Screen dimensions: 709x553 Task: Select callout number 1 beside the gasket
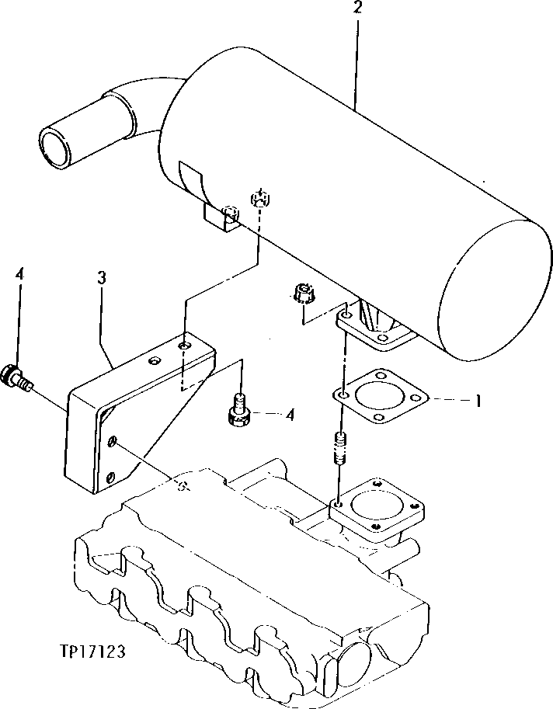(x=479, y=401)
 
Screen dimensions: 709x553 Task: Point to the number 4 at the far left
(x=19, y=274)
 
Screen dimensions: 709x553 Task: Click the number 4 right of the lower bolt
(x=290, y=415)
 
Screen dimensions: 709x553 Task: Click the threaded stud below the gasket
(x=340, y=450)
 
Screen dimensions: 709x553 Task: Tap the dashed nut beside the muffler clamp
(x=262, y=199)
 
